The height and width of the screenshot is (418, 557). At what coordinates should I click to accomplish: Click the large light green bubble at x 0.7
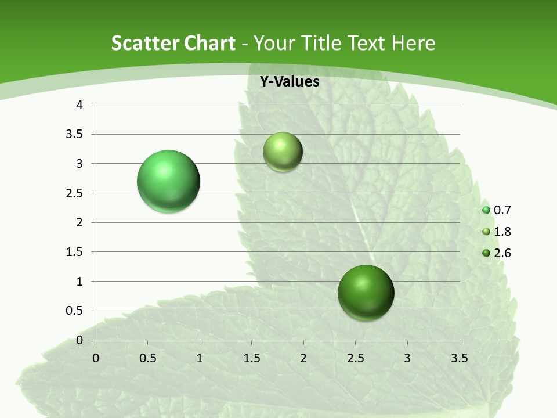pyautogui.click(x=169, y=181)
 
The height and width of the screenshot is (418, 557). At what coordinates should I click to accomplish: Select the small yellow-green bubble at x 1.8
pyautogui.click(x=283, y=152)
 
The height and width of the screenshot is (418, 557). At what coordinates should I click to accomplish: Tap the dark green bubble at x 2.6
pyautogui.click(x=366, y=293)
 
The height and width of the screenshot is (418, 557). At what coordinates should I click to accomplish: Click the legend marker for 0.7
pyautogui.click(x=486, y=210)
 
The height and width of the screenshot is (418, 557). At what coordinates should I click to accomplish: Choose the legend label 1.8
pyautogui.click(x=502, y=232)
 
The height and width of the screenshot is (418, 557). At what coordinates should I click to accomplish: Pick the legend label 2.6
pyautogui.click(x=502, y=253)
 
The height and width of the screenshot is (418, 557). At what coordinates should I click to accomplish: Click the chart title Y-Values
pyautogui.click(x=289, y=82)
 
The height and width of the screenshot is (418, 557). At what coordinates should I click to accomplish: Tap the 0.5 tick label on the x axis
pyautogui.click(x=147, y=358)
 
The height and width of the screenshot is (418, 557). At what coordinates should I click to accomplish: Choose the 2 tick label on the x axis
pyautogui.click(x=303, y=358)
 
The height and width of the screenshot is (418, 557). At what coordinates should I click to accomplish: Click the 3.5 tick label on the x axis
pyautogui.click(x=460, y=358)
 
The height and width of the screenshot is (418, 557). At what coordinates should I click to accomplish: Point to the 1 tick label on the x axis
pyautogui.click(x=200, y=358)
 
